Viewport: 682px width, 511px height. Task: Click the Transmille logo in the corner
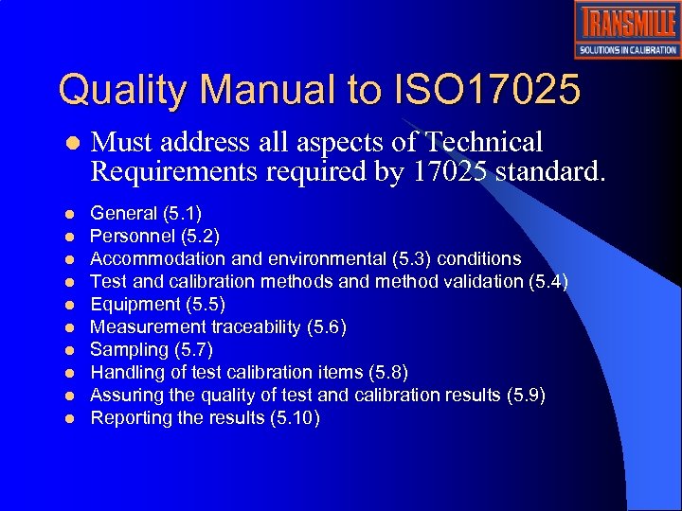626,29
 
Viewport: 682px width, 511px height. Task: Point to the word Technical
485,143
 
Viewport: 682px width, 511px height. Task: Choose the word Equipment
135,304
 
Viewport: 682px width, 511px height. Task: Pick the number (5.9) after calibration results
527,395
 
